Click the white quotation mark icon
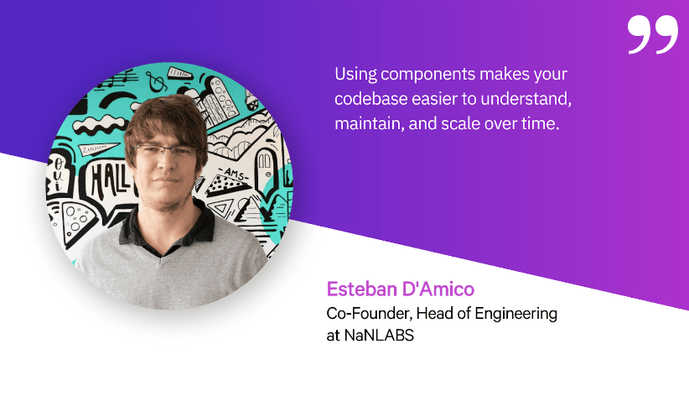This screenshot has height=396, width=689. coord(652,34)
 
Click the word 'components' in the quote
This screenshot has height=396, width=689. coord(417,74)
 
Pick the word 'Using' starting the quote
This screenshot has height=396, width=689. coord(353,74)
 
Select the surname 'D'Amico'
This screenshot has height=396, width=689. coord(438,290)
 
